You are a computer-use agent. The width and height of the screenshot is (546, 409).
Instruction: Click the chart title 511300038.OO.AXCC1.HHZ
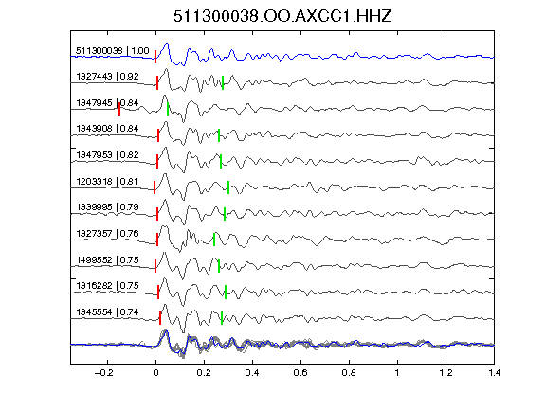pyautogui.click(x=282, y=16)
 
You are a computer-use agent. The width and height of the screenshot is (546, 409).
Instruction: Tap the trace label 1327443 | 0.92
pyautogui.click(x=108, y=76)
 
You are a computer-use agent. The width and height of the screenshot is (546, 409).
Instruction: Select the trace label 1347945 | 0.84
pyautogui.click(x=108, y=103)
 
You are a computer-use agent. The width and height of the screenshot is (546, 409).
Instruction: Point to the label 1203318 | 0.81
pyautogui.click(x=108, y=181)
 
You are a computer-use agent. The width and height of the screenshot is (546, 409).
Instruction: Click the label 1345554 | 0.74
pyautogui.click(x=108, y=312)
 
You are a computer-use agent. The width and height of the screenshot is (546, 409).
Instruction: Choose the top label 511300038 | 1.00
pyautogui.click(x=113, y=51)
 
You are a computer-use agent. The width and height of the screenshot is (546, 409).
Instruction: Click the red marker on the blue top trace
pyautogui.click(x=155, y=57)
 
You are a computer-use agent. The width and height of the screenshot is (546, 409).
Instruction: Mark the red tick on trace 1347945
pyautogui.click(x=119, y=109)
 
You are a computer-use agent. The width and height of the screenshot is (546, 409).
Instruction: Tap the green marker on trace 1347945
pyautogui.click(x=168, y=109)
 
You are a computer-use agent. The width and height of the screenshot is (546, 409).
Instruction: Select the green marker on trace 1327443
pyautogui.click(x=223, y=82)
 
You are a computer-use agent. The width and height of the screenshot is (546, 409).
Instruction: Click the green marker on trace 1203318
pyautogui.click(x=228, y=187)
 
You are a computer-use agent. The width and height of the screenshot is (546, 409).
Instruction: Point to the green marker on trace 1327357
pyautogui.click(x=214, y=240)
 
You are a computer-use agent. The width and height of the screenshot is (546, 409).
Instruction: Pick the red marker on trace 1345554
pyautogui.click(x=160, y=318)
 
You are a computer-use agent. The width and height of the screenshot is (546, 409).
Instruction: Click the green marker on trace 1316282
pyautogui.click(x=226, y=292)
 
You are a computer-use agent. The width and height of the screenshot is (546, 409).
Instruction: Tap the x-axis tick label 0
pyautogui.click(x=155, y=373)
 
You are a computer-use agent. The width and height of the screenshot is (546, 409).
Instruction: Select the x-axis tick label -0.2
pyautogui.click(x=104, y=373)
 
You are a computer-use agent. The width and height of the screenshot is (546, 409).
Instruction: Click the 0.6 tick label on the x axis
pyautogui.click(x=300, y=373)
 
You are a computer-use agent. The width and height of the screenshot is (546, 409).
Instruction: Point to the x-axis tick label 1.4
pyautogui.click(x=494, y=373)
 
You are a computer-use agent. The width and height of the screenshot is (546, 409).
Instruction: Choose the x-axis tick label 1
pyautogui.click(x=397, y=373)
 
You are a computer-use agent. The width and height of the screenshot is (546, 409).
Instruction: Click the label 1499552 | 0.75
pyautogui.click(x=108, y=259)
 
